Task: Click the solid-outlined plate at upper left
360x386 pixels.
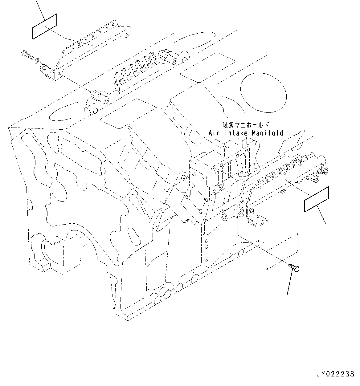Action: (x=45, y=26)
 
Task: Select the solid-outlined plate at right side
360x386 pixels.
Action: (x=317, y=199)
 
